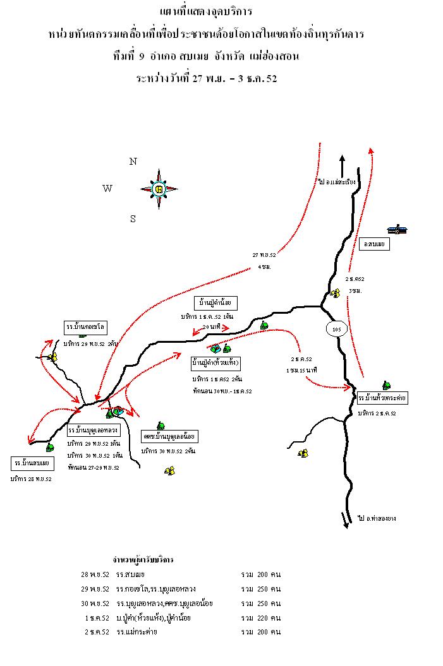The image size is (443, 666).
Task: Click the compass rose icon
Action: [159, 188]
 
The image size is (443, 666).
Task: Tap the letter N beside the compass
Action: [133, 162]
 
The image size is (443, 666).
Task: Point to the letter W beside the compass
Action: [107, 188]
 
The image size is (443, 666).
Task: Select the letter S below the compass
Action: [133, 219]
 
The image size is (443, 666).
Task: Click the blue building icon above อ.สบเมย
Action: [397, 229]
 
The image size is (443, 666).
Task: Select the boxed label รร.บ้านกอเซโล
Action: [85, 327]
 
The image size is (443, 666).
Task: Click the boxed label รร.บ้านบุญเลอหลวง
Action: [93, 431]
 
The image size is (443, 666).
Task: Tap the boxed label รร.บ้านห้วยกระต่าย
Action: [382, 398]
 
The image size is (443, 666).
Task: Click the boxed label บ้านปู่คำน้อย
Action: [217, 303]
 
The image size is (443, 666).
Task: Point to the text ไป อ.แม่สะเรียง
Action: [337, 182]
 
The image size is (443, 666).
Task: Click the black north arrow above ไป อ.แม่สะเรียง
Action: [342, 165]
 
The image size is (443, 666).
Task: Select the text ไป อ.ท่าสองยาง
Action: [377, 518]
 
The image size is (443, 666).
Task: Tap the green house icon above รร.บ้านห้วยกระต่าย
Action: [385, 385]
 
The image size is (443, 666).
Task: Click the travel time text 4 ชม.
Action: [265, 267]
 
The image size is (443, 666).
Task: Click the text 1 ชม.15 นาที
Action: [301, 369]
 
